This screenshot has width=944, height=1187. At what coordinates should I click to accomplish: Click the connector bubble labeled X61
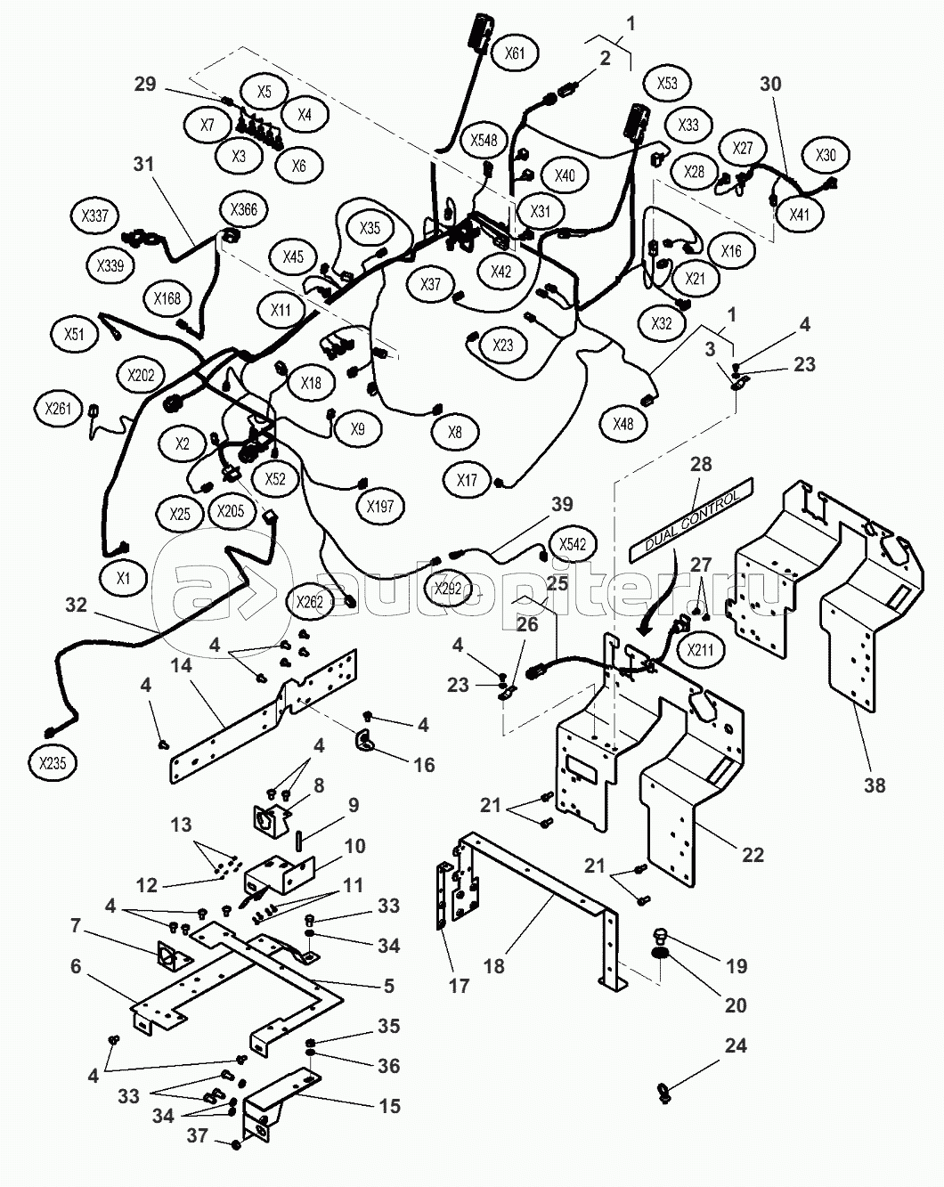pyautogui.click(x=515, y=53)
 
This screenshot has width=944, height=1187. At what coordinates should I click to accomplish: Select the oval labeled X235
pyautogui.click(x=53, y=762)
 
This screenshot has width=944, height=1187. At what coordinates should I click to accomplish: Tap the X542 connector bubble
pyautogui.click(x=574, y=544)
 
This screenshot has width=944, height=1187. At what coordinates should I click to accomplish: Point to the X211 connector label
pyautogui.click(x=700, y=650)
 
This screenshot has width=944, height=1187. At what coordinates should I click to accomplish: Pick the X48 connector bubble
pyautogui.click(x=623, y=424)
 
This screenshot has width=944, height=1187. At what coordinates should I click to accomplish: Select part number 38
pyautogui.click(x=875, y=785)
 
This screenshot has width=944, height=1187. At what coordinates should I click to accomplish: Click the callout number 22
pyautogui.click(x=753, y=855)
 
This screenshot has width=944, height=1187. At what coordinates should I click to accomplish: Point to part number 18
pyautogui.click(x=493, y=966)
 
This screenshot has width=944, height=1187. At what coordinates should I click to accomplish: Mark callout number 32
pyautogui.click(x=77, y=606)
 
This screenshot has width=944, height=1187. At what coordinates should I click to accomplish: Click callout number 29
pyautogui.click(x=145, y=85)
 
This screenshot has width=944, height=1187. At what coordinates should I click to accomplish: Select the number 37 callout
pyautogui.click(x=196, y=1136)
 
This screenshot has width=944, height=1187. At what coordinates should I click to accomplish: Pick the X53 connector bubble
pyautogui.click(x=667, y=84)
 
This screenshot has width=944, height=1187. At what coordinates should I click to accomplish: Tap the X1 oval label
pyautogui.click(x=124, y=578)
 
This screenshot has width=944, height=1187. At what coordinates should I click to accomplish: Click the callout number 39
pyautogui.click(x=562, y=505)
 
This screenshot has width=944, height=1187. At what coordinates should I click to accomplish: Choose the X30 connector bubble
pyautogui.click(x=826, y=155)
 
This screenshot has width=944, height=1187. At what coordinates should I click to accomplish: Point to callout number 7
pyautogui.click(x=75, y=927)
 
